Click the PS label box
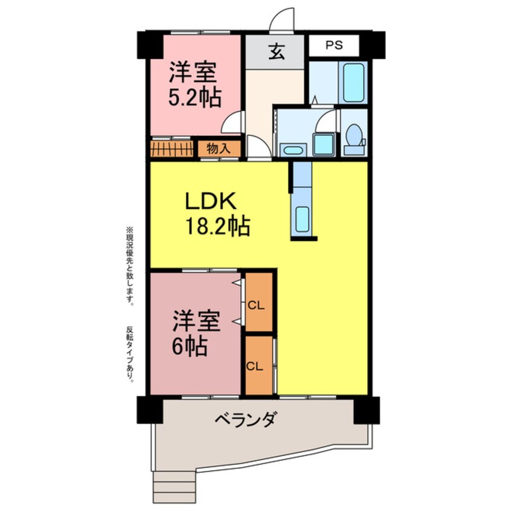(x=334, y=44)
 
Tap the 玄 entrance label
(x=275, y=53)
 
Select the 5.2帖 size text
(x=194, y=97)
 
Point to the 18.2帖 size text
(x=217, y=227)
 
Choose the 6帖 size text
(x=189, y=346)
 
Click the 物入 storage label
(x=217, y=147)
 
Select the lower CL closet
(x=256, y=365)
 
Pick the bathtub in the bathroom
(x=353, y=83)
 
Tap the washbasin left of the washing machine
(x=293, y=149)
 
